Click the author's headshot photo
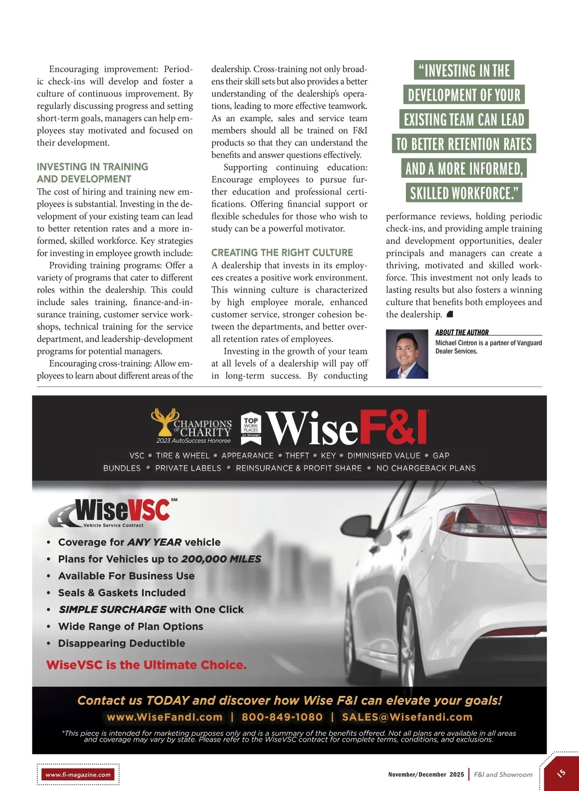coord(407,354)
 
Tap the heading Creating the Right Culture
coord(282,253)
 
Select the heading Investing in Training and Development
coord(92,173)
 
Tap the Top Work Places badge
coord(251,425)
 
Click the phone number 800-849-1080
coord(282,717)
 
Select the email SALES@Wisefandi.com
coord(407,717)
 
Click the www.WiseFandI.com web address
coord(165,717)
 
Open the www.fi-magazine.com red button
coord(78,775)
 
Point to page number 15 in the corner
coord(561,773)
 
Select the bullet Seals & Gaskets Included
coord(122,593)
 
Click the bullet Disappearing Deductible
coord(122,643)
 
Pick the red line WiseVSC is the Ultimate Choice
coord(146,665)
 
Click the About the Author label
coord(462,332)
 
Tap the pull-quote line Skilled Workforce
coord(464,193)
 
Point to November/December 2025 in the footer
coord(426,775)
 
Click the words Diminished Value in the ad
coord(384,455)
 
